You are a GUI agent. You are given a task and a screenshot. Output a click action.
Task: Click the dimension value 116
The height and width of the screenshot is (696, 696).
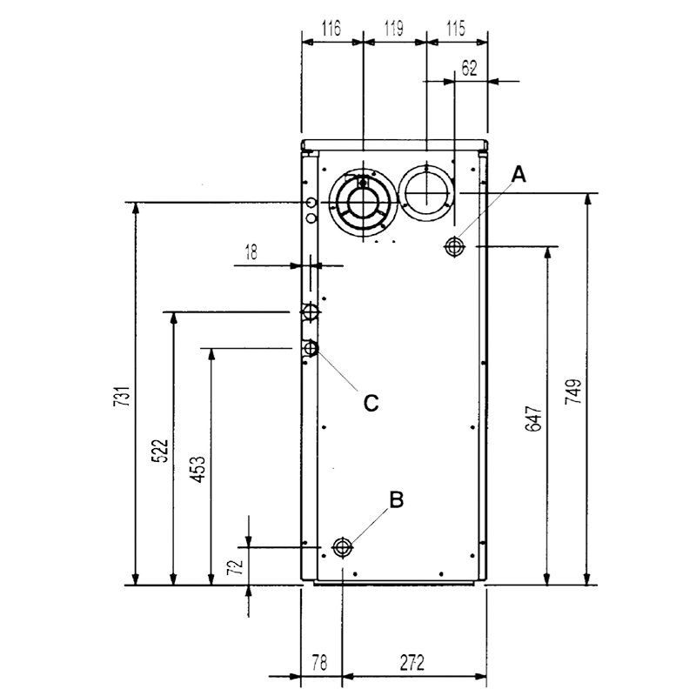click(331, 29)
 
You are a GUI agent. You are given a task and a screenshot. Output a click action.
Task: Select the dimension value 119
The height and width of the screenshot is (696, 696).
click(394, 29)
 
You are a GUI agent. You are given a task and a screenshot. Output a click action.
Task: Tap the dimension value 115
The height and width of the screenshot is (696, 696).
click(456, 29)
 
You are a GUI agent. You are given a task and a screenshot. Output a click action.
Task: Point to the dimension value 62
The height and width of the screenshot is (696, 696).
click(469, 69)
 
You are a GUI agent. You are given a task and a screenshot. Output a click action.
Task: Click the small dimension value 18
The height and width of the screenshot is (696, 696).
click(251, 252)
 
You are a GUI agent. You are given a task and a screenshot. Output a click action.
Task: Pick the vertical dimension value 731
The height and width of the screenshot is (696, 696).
click(122, 397)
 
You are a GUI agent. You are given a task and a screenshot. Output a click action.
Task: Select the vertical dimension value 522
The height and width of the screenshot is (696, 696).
click(160, 451)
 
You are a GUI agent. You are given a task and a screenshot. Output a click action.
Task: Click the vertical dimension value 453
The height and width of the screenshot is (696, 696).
click(198, 469)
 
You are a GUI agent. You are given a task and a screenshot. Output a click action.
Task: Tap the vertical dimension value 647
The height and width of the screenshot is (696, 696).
click(534, 418)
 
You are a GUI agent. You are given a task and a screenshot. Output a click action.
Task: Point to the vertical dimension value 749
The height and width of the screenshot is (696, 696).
click(573, 391)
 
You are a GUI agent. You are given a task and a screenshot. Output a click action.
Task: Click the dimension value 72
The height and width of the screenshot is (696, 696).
click(235, 567)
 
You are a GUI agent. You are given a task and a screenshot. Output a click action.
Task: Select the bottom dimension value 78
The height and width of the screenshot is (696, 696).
click(319, 663)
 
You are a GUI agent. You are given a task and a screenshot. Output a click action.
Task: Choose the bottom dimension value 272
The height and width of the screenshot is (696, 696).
click(412, 663)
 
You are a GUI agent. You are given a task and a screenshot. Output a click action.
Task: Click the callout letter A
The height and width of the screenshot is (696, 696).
click(519, 174)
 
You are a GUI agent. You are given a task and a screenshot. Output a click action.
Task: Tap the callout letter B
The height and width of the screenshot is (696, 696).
click(397, 499)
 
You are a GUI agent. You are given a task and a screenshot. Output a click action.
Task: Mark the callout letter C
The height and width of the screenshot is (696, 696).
click(371, 403)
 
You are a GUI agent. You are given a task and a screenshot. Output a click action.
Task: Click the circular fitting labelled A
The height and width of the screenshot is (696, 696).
click(453, 246)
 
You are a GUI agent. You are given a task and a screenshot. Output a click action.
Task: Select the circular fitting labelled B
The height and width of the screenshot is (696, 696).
click(342, 547)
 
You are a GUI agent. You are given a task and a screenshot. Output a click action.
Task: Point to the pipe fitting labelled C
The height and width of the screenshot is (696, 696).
click(310, 348)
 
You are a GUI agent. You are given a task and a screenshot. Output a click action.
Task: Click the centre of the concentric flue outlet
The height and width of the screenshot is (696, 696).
click(364, 203)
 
